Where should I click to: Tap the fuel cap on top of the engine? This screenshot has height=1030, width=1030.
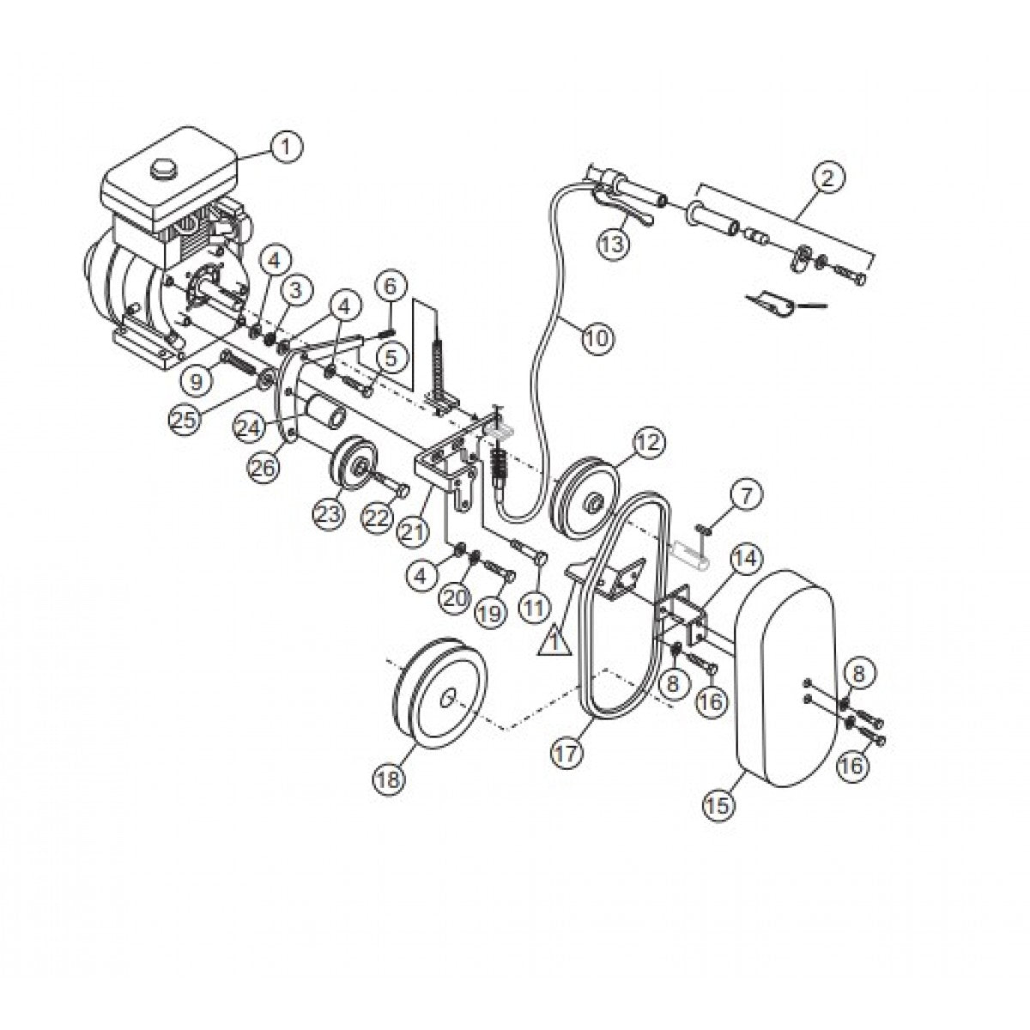(162, 169)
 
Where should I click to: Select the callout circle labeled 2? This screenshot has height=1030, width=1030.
(827, 179)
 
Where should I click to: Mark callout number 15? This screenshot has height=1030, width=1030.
(718, 804)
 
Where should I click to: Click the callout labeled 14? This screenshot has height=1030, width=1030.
(745, 560)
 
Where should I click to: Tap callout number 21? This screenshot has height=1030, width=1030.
(413, 531)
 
